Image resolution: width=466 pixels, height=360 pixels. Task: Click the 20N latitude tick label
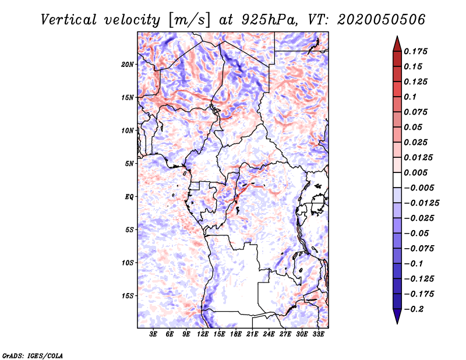click(x=128, y=65)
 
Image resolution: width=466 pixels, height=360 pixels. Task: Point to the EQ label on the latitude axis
click(x=129, y=197)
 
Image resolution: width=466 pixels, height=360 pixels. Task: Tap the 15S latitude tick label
click(x=128, y=296)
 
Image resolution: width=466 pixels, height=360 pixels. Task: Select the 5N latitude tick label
click(x=129, y=164)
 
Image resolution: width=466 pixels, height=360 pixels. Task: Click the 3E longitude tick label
click(x=153, y=334)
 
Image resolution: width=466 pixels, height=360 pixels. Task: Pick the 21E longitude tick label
click(x=252, y=334)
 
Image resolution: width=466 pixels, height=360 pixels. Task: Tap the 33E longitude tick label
click(x=318, y=334)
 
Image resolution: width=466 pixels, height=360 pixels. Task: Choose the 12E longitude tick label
click(x=203, y=334)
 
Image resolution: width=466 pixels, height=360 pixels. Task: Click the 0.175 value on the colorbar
click(x=415, y=51)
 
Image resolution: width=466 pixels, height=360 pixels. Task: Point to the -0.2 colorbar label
click(x=414, y=309)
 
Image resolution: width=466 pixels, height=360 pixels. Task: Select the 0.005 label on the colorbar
click(x=415, y=172)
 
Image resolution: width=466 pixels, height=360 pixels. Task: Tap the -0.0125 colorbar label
click(x=421, y=203)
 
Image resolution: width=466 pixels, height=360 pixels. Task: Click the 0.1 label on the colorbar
click(x=410, y=97)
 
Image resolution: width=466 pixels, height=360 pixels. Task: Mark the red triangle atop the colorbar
click(x=397, y=44)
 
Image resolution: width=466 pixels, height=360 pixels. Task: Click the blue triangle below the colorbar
click(x=397, y=316)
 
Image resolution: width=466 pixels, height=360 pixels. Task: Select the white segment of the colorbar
click(x=397, y=180)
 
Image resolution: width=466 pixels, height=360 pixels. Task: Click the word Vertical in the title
click(x=69, y=20)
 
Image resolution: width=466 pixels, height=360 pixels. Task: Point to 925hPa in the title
click(x=269, y=20)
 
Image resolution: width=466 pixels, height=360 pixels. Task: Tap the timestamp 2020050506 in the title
click(x=382, y=20)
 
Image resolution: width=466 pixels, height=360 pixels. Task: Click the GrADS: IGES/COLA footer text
click(x=33, y=355)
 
